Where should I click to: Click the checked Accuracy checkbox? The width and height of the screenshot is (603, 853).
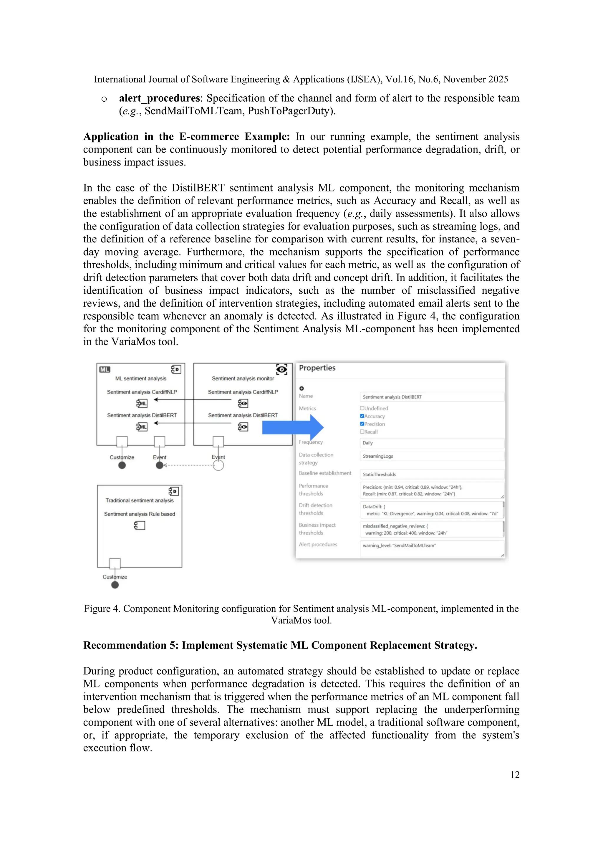coord(362,416)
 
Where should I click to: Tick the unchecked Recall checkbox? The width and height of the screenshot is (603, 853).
coord(362,432)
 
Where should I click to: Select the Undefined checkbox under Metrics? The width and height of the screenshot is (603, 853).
coord(362,408)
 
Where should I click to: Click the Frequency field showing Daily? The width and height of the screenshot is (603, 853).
coord(431,443)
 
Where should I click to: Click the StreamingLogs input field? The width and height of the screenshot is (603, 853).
coord(431,456)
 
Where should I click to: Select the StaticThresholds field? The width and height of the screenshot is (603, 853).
coord(431,475)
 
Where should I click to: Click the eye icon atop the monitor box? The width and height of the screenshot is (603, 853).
coord(282,369)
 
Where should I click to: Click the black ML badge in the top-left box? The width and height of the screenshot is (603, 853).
coord(105,370)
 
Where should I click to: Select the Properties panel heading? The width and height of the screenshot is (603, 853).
coord(317,368)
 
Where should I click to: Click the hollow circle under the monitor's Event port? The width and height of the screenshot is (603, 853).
coord(218,465)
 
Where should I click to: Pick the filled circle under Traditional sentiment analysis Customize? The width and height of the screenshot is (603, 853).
coord(115,585)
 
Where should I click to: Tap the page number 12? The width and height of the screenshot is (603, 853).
coord(515,775)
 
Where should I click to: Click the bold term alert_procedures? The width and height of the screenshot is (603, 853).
coord(159,98)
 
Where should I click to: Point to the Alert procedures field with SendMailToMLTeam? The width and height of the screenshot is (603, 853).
coord(431,548)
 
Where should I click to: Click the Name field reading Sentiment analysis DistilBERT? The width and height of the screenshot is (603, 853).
coord(431,397)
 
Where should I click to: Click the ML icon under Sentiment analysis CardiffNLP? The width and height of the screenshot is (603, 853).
coord(142,404)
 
